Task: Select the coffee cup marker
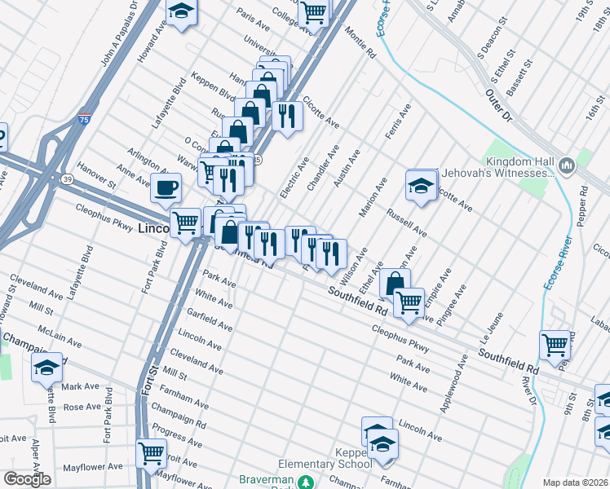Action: pos(166,187)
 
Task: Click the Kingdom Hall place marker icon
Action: pos(568,166)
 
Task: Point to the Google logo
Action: pos(26,479)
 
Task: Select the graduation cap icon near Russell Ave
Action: pos(421,185)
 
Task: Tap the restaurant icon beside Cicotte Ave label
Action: pos(286,115)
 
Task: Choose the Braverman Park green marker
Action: pos(306,482)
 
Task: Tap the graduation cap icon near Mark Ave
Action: pos(47,368)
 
